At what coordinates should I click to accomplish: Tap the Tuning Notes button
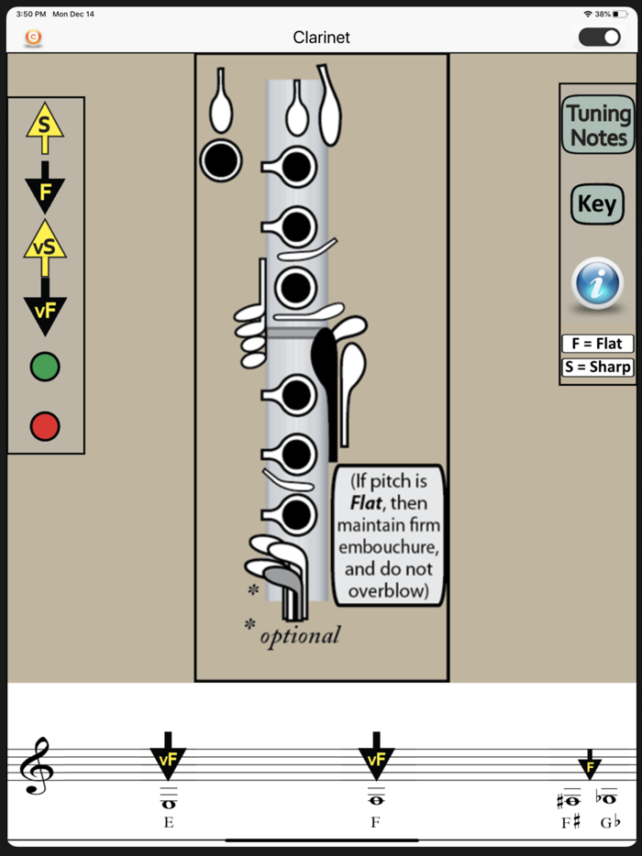tap(598, 126)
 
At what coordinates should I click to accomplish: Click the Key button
tap(597, 204)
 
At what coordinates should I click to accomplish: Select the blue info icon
tap(597, 285)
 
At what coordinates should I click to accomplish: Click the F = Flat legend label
tap(597, 344)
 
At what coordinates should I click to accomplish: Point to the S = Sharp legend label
tap(597, 367)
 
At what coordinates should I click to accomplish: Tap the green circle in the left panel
tap(45, 367)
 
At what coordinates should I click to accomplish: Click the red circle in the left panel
tap(45, 425)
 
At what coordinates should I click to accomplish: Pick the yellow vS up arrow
tap(45, 246)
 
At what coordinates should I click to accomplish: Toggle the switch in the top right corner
tap(599, 38)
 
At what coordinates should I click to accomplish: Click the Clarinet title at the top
tap(321, 38)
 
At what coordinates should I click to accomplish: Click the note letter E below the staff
tap(169, 822)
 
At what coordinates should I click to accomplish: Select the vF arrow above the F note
tap(376, 758)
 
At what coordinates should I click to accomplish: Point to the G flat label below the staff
tap(609, 822)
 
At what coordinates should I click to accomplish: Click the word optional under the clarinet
tap(300, 635)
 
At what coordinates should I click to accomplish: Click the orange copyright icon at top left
tap(34, 38)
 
